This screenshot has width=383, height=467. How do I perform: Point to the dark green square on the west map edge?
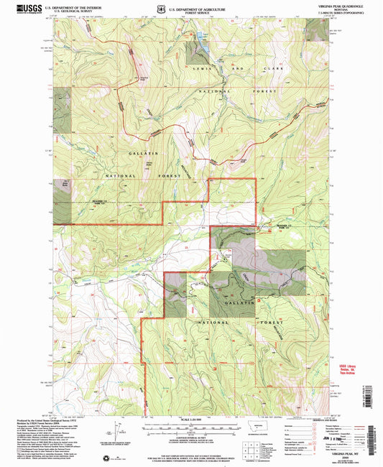62,98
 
